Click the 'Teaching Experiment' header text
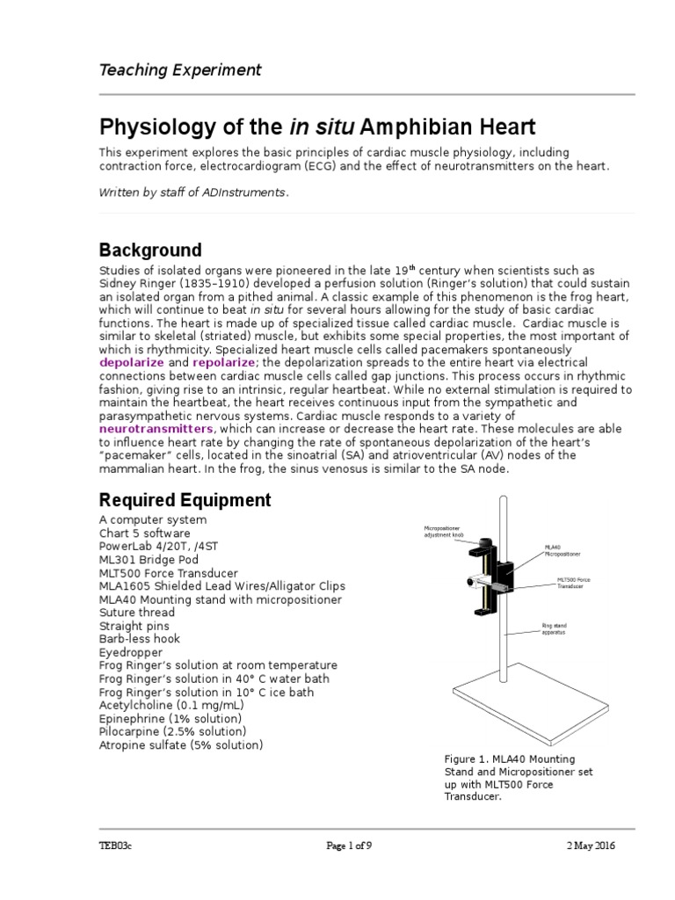[x=179, y=69]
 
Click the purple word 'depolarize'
[x=132, y=362]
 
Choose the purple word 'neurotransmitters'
[x=156, y=428]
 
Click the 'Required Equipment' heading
[x=185, y=500]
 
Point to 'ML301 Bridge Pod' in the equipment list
[x=149, y=559]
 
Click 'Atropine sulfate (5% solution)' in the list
[x=181, y=744]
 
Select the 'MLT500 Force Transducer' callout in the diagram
[x=577, y=584]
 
